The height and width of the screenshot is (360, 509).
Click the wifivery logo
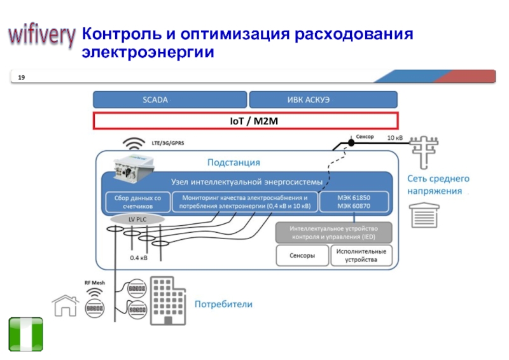(41, 36)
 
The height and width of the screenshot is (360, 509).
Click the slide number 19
(22, 77)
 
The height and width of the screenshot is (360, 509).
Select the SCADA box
(170, 100)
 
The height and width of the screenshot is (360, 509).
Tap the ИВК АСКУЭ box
(323, 100)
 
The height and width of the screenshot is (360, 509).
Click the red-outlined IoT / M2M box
(246, 121)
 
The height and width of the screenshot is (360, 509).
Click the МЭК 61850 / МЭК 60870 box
(354, 202)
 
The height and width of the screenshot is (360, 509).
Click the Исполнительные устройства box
(361, 256)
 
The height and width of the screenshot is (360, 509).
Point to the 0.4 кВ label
(139, 258)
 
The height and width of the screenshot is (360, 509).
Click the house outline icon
(66, 305)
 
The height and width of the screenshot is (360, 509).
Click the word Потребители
(223, 305)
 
